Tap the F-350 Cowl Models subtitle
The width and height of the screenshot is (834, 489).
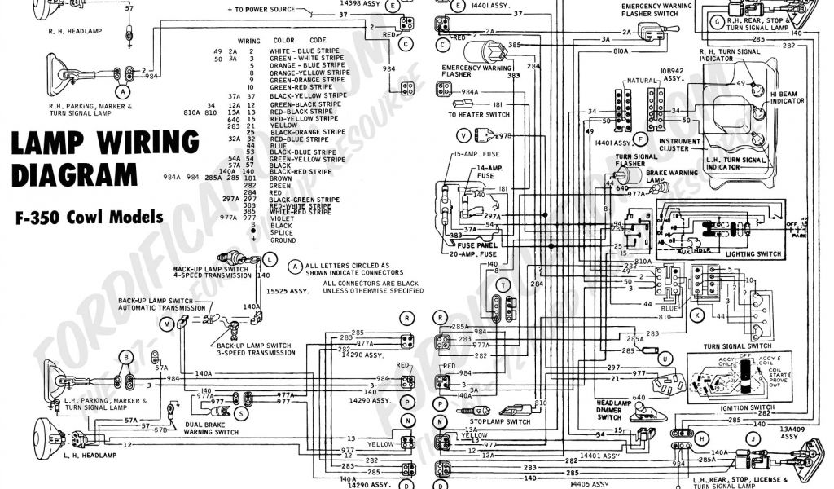(88, 218)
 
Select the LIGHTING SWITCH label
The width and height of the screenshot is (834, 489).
(751, 254)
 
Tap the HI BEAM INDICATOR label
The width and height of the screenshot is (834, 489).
(788, 97)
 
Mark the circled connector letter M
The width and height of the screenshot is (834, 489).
(168, 324)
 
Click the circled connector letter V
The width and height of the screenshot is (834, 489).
(464, 134)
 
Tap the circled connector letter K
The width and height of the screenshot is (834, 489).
(697, 314)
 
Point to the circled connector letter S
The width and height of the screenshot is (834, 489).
(242, 414)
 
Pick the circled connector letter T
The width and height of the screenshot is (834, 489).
(505, 284)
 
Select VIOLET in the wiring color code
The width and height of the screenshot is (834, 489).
(282, 218)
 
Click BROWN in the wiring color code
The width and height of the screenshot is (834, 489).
(282, 178)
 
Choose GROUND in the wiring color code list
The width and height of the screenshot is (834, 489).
(283, 240)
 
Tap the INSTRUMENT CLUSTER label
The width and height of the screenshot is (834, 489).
(680, 144)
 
